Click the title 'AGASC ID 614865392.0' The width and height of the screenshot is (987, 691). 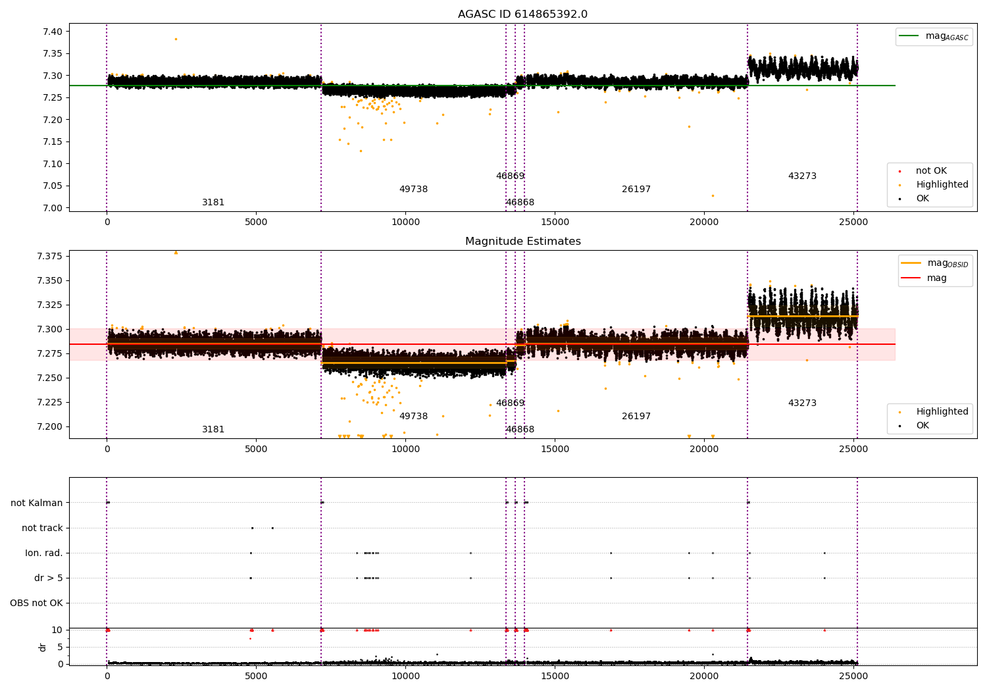522,14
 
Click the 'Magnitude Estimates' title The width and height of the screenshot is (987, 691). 522,242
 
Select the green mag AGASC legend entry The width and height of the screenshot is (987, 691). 934,36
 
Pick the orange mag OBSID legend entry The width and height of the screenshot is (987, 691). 934,263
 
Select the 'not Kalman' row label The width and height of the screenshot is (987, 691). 37,503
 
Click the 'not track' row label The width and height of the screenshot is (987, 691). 42,528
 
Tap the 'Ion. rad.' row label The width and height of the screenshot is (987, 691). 44,553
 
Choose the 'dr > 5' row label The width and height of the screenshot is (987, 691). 49,578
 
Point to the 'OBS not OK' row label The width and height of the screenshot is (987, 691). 36,603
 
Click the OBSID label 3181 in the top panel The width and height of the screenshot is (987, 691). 213,203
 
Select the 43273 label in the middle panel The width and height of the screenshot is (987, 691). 802,403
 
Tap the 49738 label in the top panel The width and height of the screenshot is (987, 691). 413,190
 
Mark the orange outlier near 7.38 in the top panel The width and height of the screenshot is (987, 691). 176,39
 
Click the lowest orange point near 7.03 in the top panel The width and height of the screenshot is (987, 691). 713,195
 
